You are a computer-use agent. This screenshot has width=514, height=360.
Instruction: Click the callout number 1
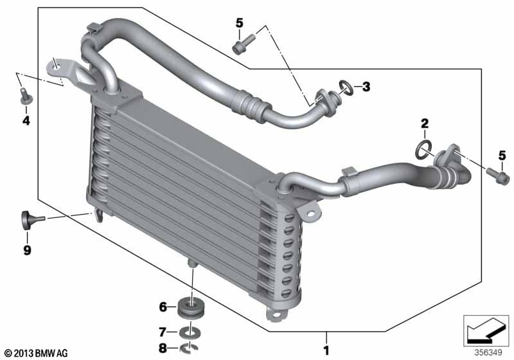(x=326, y=350)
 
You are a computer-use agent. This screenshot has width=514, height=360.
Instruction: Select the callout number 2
(x=425, y=123)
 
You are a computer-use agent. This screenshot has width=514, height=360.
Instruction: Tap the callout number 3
(x=366, y=87)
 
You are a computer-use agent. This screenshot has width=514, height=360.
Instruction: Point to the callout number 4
(x=26, y=121)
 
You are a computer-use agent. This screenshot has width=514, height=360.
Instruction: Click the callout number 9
(x=27, y=250)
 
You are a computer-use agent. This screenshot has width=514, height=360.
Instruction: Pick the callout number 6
(x=163, y=307)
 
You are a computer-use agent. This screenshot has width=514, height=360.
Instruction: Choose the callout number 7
(x=163, y=332)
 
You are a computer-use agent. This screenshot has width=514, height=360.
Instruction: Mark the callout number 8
(x=163, y=348)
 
